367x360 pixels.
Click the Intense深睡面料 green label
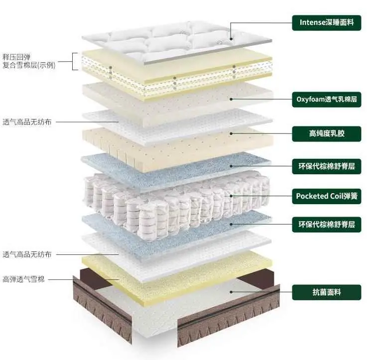pos(326,22)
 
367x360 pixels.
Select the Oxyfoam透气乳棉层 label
pos(326,100)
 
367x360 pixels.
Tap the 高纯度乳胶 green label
pos(326,133)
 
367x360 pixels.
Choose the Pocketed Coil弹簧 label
pos(326,196)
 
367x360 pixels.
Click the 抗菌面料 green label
pos(326,292)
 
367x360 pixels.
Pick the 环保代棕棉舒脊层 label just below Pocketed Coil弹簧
pos(326,225)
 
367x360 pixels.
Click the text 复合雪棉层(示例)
pos(29,65)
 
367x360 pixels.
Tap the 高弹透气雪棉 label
pos(23,279)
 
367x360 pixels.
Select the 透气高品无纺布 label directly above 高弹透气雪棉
pos(27,254)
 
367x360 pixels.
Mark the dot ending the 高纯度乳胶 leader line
pos(232,133)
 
